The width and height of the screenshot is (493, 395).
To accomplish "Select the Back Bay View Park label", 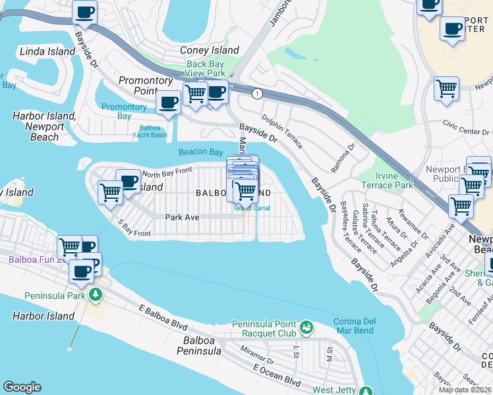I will click(x=205, y=68).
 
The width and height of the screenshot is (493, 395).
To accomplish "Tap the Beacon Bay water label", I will click(x=200, y=152).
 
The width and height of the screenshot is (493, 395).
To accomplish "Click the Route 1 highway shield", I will click(x=257, y=94).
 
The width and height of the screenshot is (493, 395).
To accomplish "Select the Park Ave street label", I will click(x=182, y=217).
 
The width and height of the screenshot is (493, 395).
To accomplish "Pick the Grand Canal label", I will click(x=252, y=209).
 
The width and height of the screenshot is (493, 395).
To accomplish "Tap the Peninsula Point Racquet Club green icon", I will click(x=305, y=327).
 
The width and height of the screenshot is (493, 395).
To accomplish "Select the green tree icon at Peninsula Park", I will click(x=96, y=294).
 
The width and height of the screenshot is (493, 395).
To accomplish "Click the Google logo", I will click(x=22, y=387).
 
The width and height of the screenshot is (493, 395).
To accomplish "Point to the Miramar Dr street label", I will click(x=257, y=355).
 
